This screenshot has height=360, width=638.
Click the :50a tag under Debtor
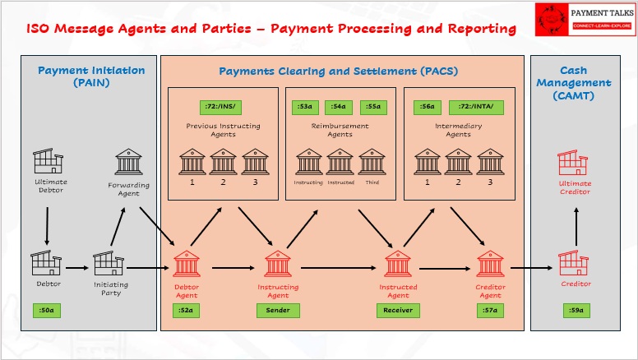click(x=46, y=310)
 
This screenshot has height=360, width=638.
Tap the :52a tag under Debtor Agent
click(x=187, y=310)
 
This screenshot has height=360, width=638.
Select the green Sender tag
click(x=278, y=310)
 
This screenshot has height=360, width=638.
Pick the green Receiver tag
click(x=398, y=310)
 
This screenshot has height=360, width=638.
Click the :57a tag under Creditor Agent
click(x=490, y=310)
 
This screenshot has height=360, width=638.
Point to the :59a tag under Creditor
click(x=576, y=310)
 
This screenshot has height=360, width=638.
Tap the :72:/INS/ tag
click(x=220, y=107)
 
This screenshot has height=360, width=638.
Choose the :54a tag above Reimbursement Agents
click(x=339, y=107)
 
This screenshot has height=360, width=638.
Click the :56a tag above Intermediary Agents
click(x=427, y=107)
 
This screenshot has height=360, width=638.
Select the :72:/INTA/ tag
click(x=476, y=107)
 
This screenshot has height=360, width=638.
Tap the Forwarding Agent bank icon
click(x=129, y=162)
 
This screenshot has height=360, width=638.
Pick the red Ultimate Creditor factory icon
click(x=574, y=163)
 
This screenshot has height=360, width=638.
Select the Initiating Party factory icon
click(x=109, y=264)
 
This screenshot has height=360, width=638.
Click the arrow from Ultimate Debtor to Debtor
click(x=47, y=225)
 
